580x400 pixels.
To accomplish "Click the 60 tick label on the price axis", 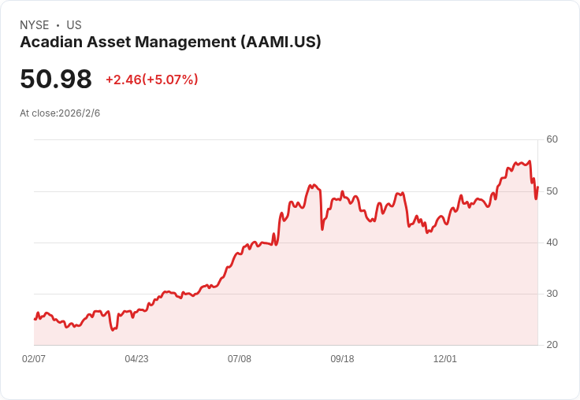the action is click(552, 139).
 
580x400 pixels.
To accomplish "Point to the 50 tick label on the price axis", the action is click(552, 191).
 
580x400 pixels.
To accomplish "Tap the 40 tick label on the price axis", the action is click(552, 243).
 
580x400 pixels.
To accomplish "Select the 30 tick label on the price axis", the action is click(552, 294).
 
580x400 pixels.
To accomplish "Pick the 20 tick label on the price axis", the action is click(552, 345).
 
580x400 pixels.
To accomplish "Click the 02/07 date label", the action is click(34, 359).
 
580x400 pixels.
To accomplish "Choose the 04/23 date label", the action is click(136, 359).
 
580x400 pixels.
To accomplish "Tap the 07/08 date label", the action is click(240, 359).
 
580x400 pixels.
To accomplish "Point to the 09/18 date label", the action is click(342, 359).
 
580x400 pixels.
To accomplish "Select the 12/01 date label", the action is click(445, 359).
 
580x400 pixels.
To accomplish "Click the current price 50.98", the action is click(56, 79).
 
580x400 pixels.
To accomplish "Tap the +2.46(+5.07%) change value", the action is click(152, 80).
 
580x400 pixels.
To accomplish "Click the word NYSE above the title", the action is click(35, 25).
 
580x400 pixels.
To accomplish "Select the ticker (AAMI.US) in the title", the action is click(281, 42).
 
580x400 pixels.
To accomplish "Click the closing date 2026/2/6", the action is click(79, 113).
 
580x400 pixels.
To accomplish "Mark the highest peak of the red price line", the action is click(530, 161).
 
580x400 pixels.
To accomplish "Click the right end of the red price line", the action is click(537, 187).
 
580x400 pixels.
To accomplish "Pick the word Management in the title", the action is click(185, 43).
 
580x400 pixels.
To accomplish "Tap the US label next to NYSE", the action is click(74, 25).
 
